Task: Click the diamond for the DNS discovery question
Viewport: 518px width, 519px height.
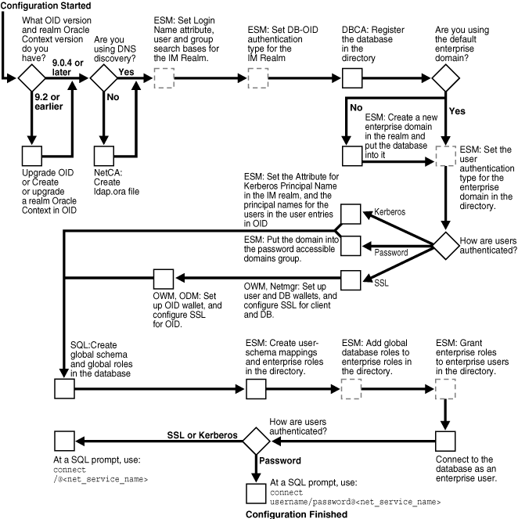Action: click(x=103, y=79)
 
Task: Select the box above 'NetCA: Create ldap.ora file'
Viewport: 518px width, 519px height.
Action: click(x=103, y=155)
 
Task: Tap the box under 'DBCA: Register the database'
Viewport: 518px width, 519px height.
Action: click(x=352, y=79)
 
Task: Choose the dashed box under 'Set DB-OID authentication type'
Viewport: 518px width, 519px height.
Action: click(x=257, y=79)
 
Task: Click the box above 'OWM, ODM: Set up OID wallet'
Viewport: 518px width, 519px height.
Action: click(x=163, y=278)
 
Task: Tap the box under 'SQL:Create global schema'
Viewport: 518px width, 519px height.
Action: click(x=63, y=388)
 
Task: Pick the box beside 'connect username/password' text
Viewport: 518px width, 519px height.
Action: click(x=256, y=492)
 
